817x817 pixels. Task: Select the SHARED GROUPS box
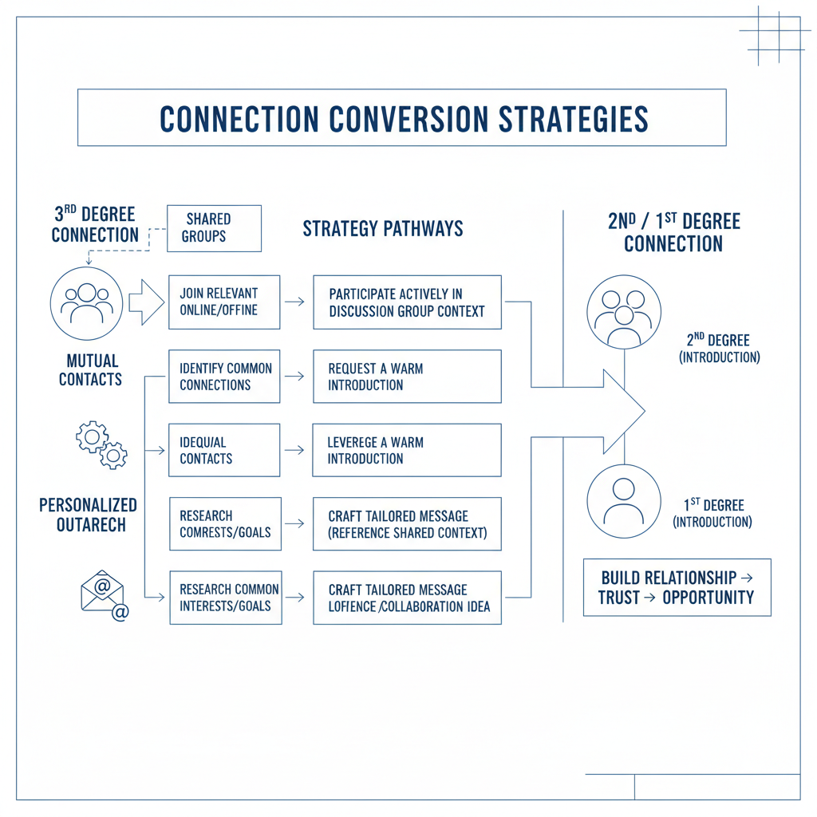click(214, 228)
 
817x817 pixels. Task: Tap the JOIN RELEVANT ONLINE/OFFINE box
click(224, 302)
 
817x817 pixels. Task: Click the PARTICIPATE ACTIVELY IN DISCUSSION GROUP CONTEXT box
click(407, 302)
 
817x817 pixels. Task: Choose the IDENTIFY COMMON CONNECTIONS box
click(224, 376)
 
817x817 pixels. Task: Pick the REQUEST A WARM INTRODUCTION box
click(407, 376)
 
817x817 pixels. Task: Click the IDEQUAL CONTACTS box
click(224, 450)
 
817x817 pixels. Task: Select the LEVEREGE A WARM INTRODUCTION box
click(407, 450)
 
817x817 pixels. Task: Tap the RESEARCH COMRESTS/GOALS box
click(225, 523)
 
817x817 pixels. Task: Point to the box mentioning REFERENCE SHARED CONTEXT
click(407, 523)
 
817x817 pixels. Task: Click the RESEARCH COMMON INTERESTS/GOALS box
click(225, 598)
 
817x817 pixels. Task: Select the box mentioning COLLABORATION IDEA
click(407, 598)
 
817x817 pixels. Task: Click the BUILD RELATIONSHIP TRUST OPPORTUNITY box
click(677, 587)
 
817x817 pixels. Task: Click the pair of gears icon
click(101, 444)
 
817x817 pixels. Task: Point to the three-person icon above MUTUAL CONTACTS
click(86, 304)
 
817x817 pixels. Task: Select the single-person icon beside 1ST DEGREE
click(624, 500)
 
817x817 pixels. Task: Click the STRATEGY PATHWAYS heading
click(382, 229)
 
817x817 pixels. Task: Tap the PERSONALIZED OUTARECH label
click(88, 515)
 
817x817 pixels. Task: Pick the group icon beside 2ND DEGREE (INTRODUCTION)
click(624, 313)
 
